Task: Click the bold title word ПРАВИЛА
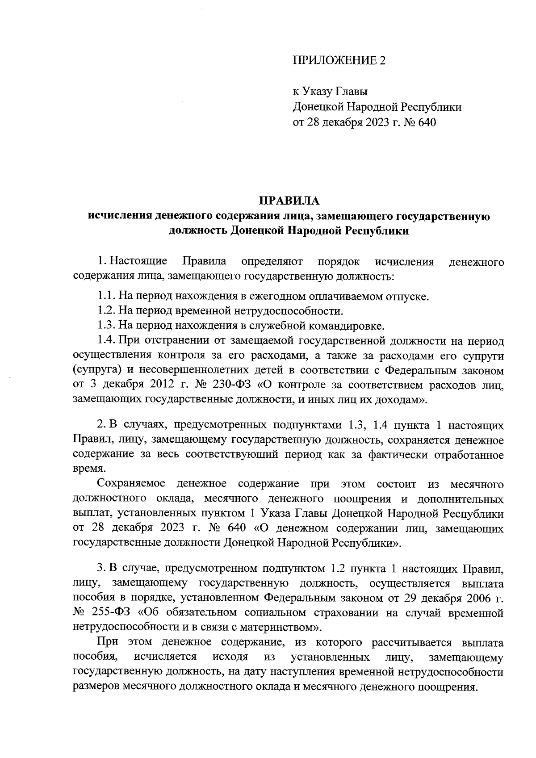tap(289, 201)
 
